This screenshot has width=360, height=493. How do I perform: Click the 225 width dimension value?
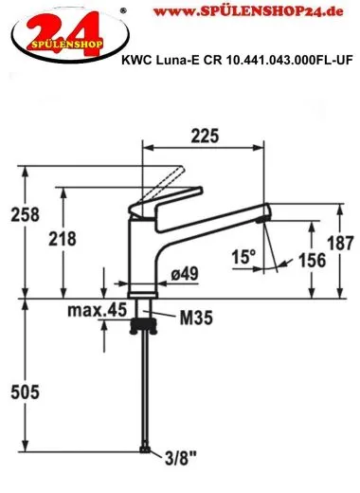205,137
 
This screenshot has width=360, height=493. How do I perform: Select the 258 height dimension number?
26,214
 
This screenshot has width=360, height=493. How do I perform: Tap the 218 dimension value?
63,239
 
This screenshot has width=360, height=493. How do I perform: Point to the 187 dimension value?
340,244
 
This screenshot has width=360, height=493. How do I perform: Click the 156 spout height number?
312,261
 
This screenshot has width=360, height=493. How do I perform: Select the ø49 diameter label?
185,273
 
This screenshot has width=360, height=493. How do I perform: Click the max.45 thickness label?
97,310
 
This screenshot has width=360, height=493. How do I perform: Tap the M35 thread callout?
196,318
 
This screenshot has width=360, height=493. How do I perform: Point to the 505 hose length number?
25,393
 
